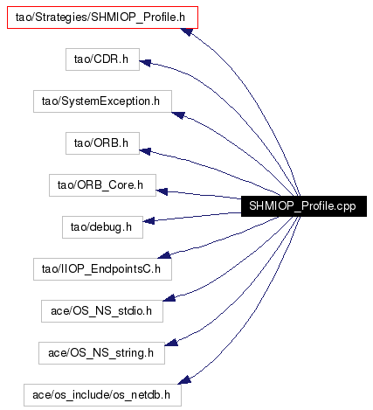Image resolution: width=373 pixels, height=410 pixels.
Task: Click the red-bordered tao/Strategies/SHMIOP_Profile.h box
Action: click(x=102, y=17)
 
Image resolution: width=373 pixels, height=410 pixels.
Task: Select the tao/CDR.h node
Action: click(x=102, y=59)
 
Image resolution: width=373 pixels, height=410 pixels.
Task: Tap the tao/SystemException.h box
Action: click(x=102, y=101)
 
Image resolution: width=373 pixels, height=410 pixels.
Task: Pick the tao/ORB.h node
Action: click(x=102, y=143)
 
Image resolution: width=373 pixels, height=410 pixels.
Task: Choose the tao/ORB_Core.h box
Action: click(x=102, y=185)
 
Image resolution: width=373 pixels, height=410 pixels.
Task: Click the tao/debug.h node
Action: click(x=102, y=227)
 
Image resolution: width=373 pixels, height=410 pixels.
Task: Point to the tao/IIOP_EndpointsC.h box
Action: click(x=102, y=269)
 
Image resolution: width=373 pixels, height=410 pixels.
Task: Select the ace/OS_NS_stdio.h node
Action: click(x=102, y=311)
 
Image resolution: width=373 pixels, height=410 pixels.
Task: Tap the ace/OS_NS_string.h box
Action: click(x=101, y=353)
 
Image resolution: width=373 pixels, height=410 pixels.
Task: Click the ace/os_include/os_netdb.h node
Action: click(x=102, y=395)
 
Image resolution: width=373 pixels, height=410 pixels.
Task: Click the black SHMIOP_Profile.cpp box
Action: click(x=304, y=206)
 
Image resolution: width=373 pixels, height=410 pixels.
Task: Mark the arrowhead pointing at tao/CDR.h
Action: click(x=145, y=62)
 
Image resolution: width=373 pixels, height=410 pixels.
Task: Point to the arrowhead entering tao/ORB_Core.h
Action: click(x=162, y=191)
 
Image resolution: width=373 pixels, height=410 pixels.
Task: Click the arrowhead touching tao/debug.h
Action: click(x=149, y=220)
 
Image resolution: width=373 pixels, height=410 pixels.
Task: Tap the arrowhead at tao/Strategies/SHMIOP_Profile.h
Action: click(x=186, y=31)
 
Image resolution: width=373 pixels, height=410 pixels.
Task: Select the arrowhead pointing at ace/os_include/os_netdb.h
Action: click(x=184, y=380)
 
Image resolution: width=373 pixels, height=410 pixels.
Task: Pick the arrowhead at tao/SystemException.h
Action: click(x=178, y=115)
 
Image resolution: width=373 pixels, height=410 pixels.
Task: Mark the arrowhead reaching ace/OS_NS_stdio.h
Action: click(x=169, y=298)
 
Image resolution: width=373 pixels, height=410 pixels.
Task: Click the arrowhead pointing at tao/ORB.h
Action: click(x=145, y=151)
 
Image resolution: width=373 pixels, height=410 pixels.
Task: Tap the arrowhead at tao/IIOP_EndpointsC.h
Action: click(x=164, y=255)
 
